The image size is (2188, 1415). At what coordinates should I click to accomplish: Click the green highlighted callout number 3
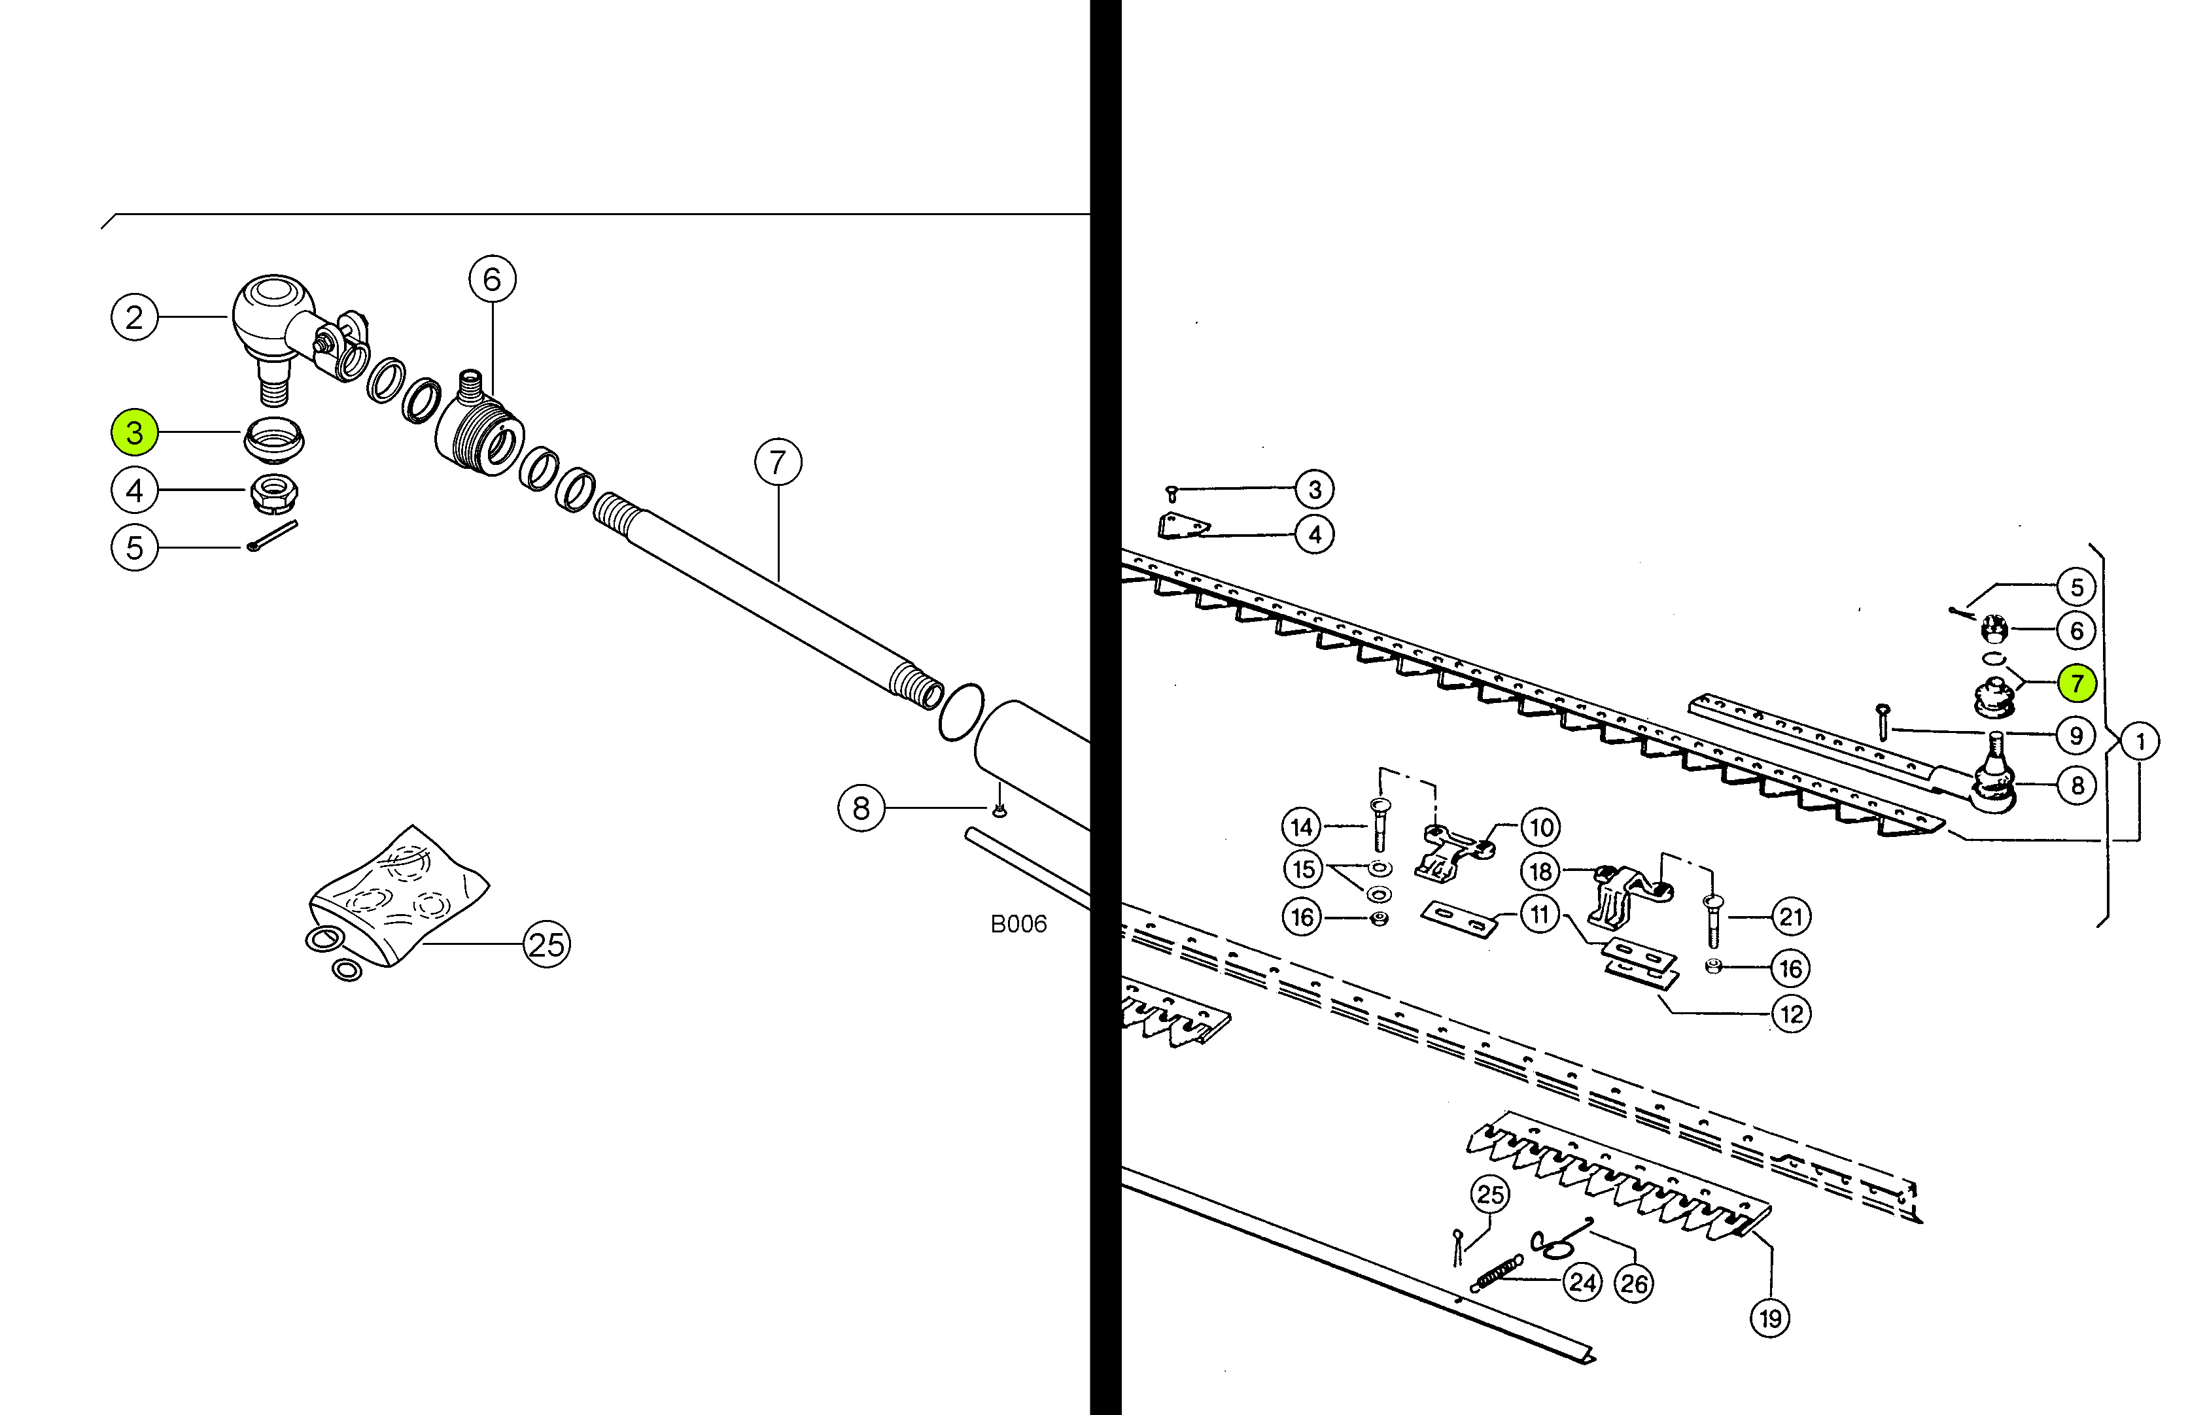pos(134,432)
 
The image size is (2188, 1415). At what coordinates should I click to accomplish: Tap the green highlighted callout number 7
pos(2076,683)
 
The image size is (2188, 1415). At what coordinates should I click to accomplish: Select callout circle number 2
pos(134,317)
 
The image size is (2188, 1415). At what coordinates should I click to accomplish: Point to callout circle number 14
pos(1301,827)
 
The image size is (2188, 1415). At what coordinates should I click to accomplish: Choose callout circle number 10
pos(1541,827)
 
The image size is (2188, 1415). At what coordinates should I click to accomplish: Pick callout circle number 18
pos(1541,871)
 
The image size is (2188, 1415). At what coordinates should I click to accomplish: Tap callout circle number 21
pos(1791,916)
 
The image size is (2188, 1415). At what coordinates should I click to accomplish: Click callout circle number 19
pos(1770,1318)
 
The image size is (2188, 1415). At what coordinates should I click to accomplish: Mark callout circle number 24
pos(1582,1282)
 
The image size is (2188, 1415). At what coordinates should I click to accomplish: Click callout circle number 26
pos(1633,1284)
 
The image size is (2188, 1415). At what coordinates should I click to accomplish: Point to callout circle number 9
pos(2076,735)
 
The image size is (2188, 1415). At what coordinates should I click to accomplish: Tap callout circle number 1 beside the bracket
pos(2140,742)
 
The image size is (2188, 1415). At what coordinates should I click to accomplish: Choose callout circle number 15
pos(1303,869)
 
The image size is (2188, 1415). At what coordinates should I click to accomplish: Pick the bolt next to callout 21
pos(1713,921)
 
